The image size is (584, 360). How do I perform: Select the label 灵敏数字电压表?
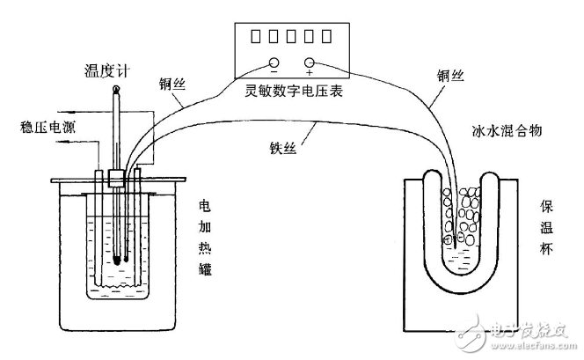coord(290,90)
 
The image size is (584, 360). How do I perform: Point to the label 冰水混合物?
coord(506,130)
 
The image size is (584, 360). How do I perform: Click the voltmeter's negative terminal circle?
coord(274,63)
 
